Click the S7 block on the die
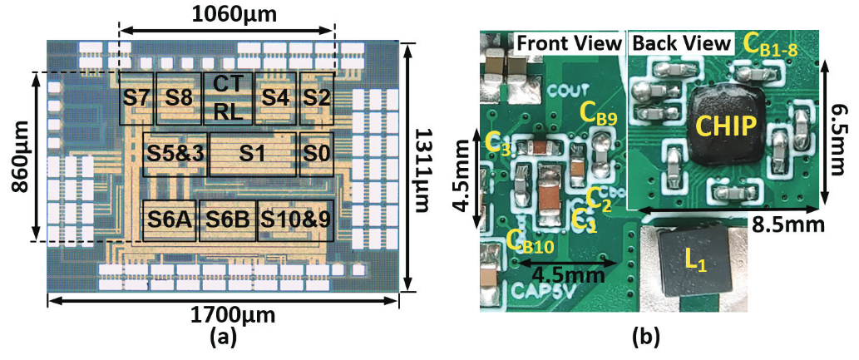[136, 98]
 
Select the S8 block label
[178, 98]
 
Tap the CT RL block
[227, 98]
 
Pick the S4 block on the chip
[275, 98]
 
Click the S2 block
[316, 98]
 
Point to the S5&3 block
[175, 154]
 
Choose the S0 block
[316, 154]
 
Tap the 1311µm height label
[423, 166]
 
